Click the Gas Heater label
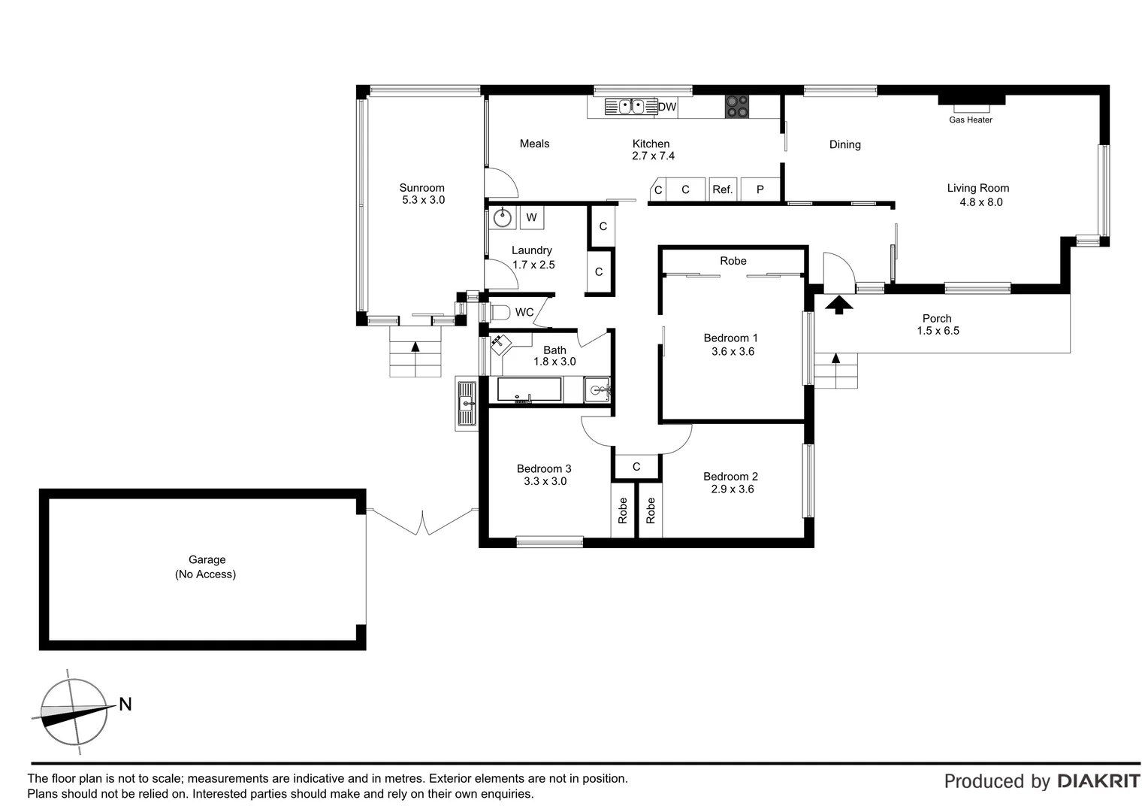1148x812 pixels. tap(970, 120)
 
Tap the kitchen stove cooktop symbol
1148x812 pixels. tap(736, 106)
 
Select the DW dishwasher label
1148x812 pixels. tap(667, 107)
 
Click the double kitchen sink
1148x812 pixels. tap(624, 107)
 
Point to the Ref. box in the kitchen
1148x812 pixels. tap(722, 189)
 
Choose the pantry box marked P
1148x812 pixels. tap(760, 189)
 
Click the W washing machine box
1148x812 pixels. tap(531, 218)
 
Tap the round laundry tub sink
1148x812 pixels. tap(502, 218)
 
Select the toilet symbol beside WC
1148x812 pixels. tap(500, 312)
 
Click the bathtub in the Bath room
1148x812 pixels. tap(529, 389)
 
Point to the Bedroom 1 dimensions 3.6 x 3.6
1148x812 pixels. tap(733, 351)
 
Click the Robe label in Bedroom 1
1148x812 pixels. tap(733, 261)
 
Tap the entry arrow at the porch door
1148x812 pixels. tap(839, 304)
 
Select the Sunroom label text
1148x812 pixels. tap(421, 188)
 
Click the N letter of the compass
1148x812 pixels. tap(125, 704)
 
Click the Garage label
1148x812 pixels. tap(207, 559)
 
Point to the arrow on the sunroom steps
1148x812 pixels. tap(415, 347)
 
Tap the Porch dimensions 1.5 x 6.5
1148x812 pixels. tap(938, 331)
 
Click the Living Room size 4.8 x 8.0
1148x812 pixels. tap(980, 201)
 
